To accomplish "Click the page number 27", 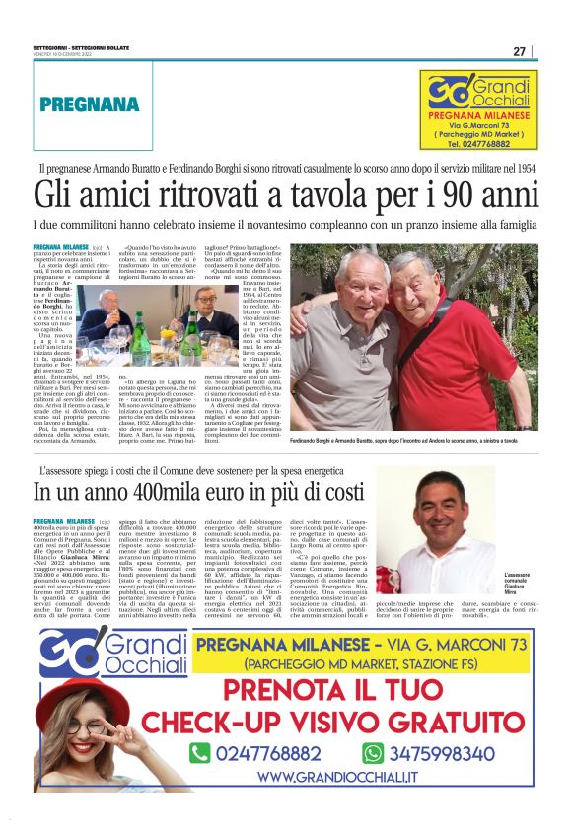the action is point(519,51).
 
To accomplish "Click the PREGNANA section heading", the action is point(90,104).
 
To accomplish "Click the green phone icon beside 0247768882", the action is point(200,753).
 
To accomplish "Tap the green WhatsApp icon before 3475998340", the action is point(373,753).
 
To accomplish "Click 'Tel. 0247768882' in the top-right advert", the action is point(478,144).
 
